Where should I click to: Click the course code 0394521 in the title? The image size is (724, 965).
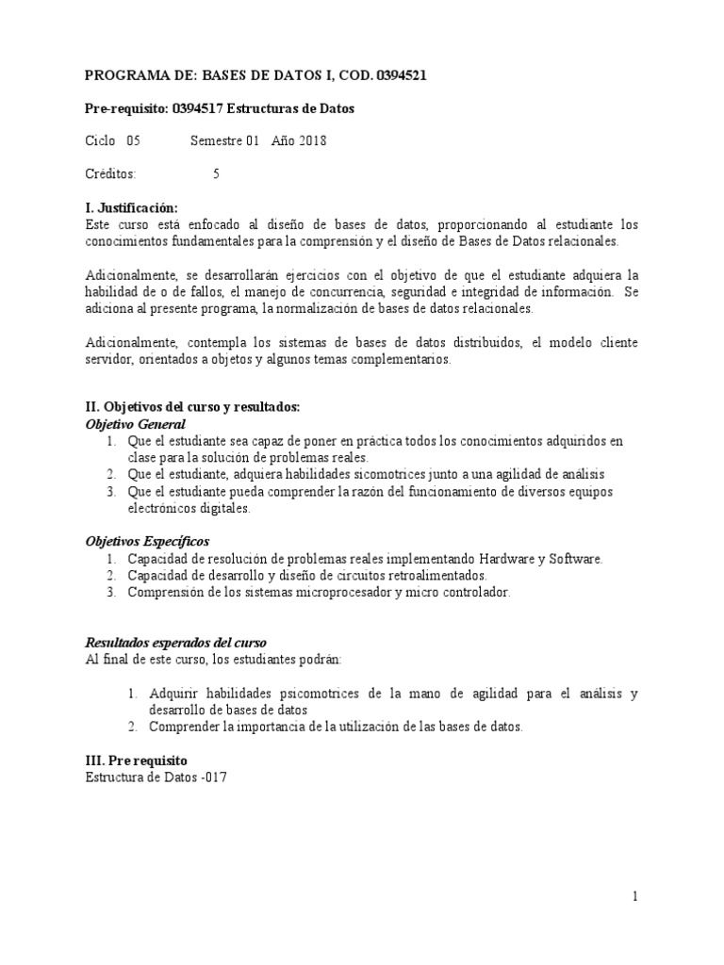click(x=400, y=75)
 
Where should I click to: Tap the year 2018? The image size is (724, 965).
click(x=313, y=141)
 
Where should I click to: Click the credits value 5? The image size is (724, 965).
click(x=217, y=174)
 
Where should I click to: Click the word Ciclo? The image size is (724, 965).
click(x=100, y=141)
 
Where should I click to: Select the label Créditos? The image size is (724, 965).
click(x=110, y=174)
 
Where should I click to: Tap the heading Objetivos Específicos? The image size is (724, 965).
click(x=147, y=542)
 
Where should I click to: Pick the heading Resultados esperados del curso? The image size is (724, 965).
click(x=176, y=642)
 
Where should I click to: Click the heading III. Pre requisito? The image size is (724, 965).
click(x=137, y=760)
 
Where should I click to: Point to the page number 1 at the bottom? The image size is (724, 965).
click(x=636, y=897)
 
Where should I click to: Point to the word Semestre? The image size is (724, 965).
click(x=216, y=141)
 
